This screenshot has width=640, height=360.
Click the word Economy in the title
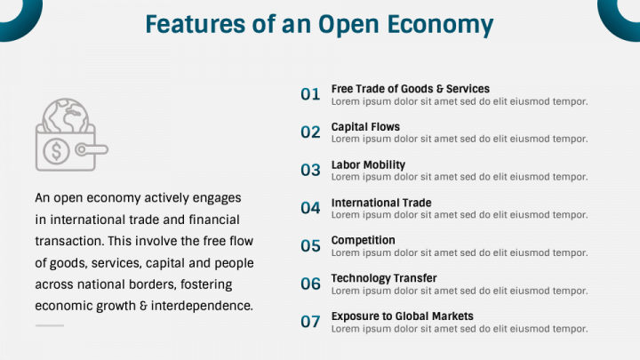440,25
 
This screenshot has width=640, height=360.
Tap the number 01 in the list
310,94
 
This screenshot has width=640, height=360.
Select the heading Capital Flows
365,127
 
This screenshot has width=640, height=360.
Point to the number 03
310,170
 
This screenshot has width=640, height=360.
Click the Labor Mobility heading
368,165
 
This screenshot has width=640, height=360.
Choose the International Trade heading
381,203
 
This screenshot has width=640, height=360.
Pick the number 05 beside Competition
310,245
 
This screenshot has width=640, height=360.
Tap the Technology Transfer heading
384,278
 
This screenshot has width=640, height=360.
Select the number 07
310,322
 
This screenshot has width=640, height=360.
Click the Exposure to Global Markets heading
402,316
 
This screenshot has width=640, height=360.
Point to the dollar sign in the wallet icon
56,151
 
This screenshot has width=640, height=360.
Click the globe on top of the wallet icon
66,116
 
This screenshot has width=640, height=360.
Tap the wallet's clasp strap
92,150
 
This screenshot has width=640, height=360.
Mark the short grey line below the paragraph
50,325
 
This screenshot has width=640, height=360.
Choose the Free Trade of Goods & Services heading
410,89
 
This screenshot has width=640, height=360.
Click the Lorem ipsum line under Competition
460,253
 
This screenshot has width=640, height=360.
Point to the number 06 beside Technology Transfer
310,284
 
